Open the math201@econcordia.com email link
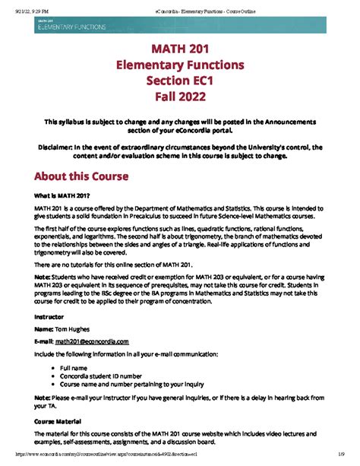tap(87, 342)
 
